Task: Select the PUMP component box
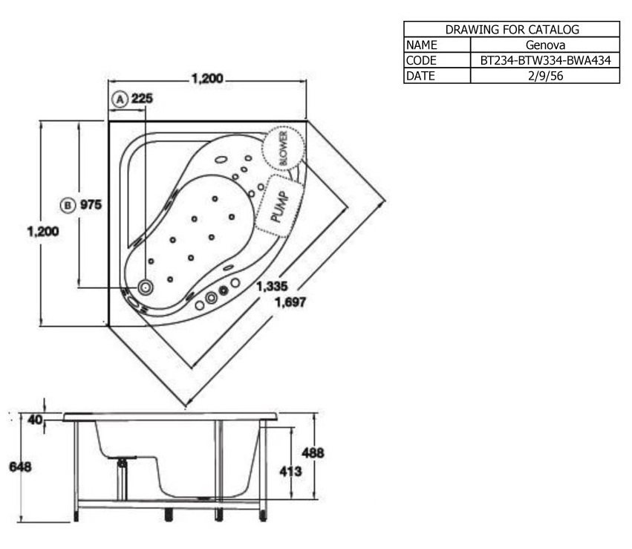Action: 277,204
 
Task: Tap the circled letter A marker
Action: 118,98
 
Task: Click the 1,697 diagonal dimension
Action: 290,302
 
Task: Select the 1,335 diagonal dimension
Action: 273,287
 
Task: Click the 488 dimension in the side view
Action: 312,452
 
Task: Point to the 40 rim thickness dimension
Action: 34,420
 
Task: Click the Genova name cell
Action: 545,45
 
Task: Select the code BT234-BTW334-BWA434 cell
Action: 545,60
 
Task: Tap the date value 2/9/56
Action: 545,76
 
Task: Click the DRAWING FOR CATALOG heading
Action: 512,30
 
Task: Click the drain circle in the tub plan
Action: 146,287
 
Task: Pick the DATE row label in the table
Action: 420,76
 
